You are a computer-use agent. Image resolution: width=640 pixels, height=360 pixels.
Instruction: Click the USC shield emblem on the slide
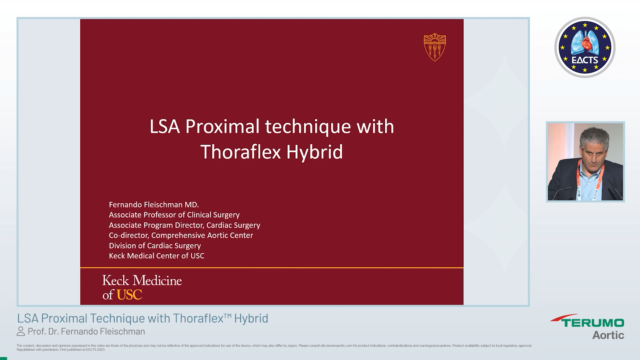(435, 47)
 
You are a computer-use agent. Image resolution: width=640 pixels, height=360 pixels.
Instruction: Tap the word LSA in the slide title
(164, 127)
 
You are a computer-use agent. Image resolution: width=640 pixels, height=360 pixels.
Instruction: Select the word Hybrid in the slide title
(314, 152)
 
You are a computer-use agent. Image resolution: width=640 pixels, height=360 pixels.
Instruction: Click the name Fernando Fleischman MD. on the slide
(154, 205)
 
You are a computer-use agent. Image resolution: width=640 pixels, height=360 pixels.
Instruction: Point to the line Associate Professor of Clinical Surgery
(174, 215)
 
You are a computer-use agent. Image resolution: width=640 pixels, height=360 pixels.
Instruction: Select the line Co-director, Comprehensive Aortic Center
(181, 235)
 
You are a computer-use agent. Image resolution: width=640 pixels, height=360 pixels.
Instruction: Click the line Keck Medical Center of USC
(156, 256)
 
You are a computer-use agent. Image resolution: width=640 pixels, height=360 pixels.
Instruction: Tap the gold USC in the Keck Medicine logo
(129, 295)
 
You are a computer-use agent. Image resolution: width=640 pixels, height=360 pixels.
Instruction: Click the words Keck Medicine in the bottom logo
(142, 281)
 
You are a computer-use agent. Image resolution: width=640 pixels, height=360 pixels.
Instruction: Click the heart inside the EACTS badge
(585, 43)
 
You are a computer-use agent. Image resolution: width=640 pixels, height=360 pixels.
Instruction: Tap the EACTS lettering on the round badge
(585, 60)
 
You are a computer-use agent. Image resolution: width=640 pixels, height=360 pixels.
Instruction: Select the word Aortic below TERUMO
(608, 335)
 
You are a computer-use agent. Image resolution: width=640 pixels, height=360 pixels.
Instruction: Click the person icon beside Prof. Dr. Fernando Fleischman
(21, 331)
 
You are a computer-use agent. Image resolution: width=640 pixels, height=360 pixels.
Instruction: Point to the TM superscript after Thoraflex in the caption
(228, 315)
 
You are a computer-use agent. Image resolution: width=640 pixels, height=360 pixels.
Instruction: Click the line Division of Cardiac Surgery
(155, 246)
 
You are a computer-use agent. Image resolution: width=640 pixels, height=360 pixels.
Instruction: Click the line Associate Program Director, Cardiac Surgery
(184, 225)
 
